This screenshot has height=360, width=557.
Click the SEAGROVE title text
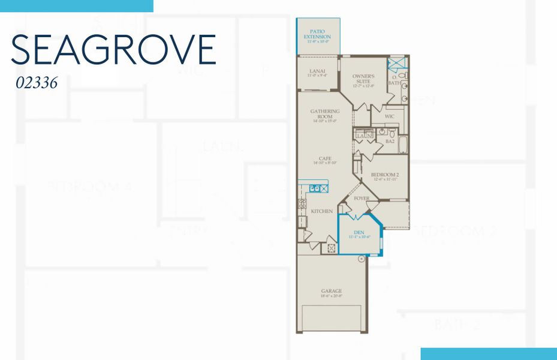[x=113, y=50]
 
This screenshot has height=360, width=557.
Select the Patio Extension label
[x=317, y=37]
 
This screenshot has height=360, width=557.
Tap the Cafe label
[x=325, y=160]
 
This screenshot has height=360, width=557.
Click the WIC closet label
[x=389, y=116]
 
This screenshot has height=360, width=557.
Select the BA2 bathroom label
[x=390, y=142]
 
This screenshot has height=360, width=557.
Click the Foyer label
[x=362, y=199]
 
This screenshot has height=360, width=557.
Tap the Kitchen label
[x=321, y=211]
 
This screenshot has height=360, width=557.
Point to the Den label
[x=359, y=233]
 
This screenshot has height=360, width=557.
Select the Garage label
[x=331, y=292]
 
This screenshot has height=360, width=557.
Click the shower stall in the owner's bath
[x=396, y=64]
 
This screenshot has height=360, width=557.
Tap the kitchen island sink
[x=315, y=188]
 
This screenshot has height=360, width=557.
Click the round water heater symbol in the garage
[x=362, y=259]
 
